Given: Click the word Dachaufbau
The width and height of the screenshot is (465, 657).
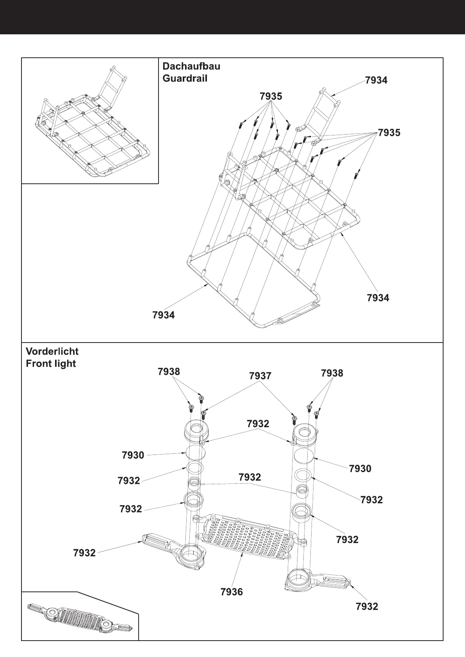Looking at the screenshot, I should (x=191, y=66).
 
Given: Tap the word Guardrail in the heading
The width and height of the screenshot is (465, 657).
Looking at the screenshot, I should (x=185, y=78).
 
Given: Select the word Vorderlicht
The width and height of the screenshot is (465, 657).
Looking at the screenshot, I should (x=52, y=351).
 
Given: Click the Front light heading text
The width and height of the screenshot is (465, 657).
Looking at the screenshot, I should (x=51, y=364).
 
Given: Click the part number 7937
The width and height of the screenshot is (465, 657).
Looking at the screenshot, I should (x=260, y=376).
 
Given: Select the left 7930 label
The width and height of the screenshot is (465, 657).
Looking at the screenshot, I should (x=133, y=455).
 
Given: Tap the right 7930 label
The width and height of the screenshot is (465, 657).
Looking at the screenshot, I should (x=360, y=469).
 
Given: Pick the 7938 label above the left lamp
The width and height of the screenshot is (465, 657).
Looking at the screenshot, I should (x=169, y=372).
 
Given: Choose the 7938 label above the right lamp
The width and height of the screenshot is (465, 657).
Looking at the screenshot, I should (x=332, y=373).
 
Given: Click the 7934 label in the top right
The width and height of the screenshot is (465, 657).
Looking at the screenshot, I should (x=376, y=80).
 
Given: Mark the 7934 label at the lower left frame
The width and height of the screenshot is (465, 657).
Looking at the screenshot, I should (x=164, y=315).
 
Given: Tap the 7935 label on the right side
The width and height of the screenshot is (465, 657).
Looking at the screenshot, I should (x=389, y=133).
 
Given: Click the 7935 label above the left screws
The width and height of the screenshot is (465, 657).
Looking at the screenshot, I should (x=271, y=96).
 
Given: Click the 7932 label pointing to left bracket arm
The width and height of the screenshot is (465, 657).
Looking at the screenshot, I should (x=84, y=553).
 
